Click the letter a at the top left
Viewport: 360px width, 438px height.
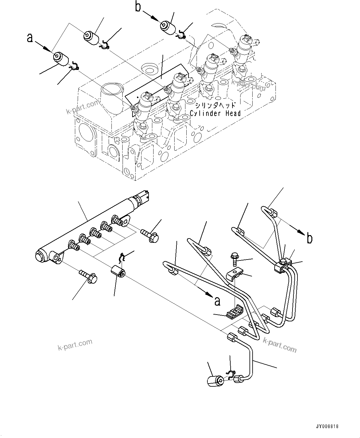point(30,38)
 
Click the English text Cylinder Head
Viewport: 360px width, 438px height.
point(215,114)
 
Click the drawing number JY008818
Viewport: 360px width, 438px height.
point(327,426)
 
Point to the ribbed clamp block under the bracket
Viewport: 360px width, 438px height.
point(234,311)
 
